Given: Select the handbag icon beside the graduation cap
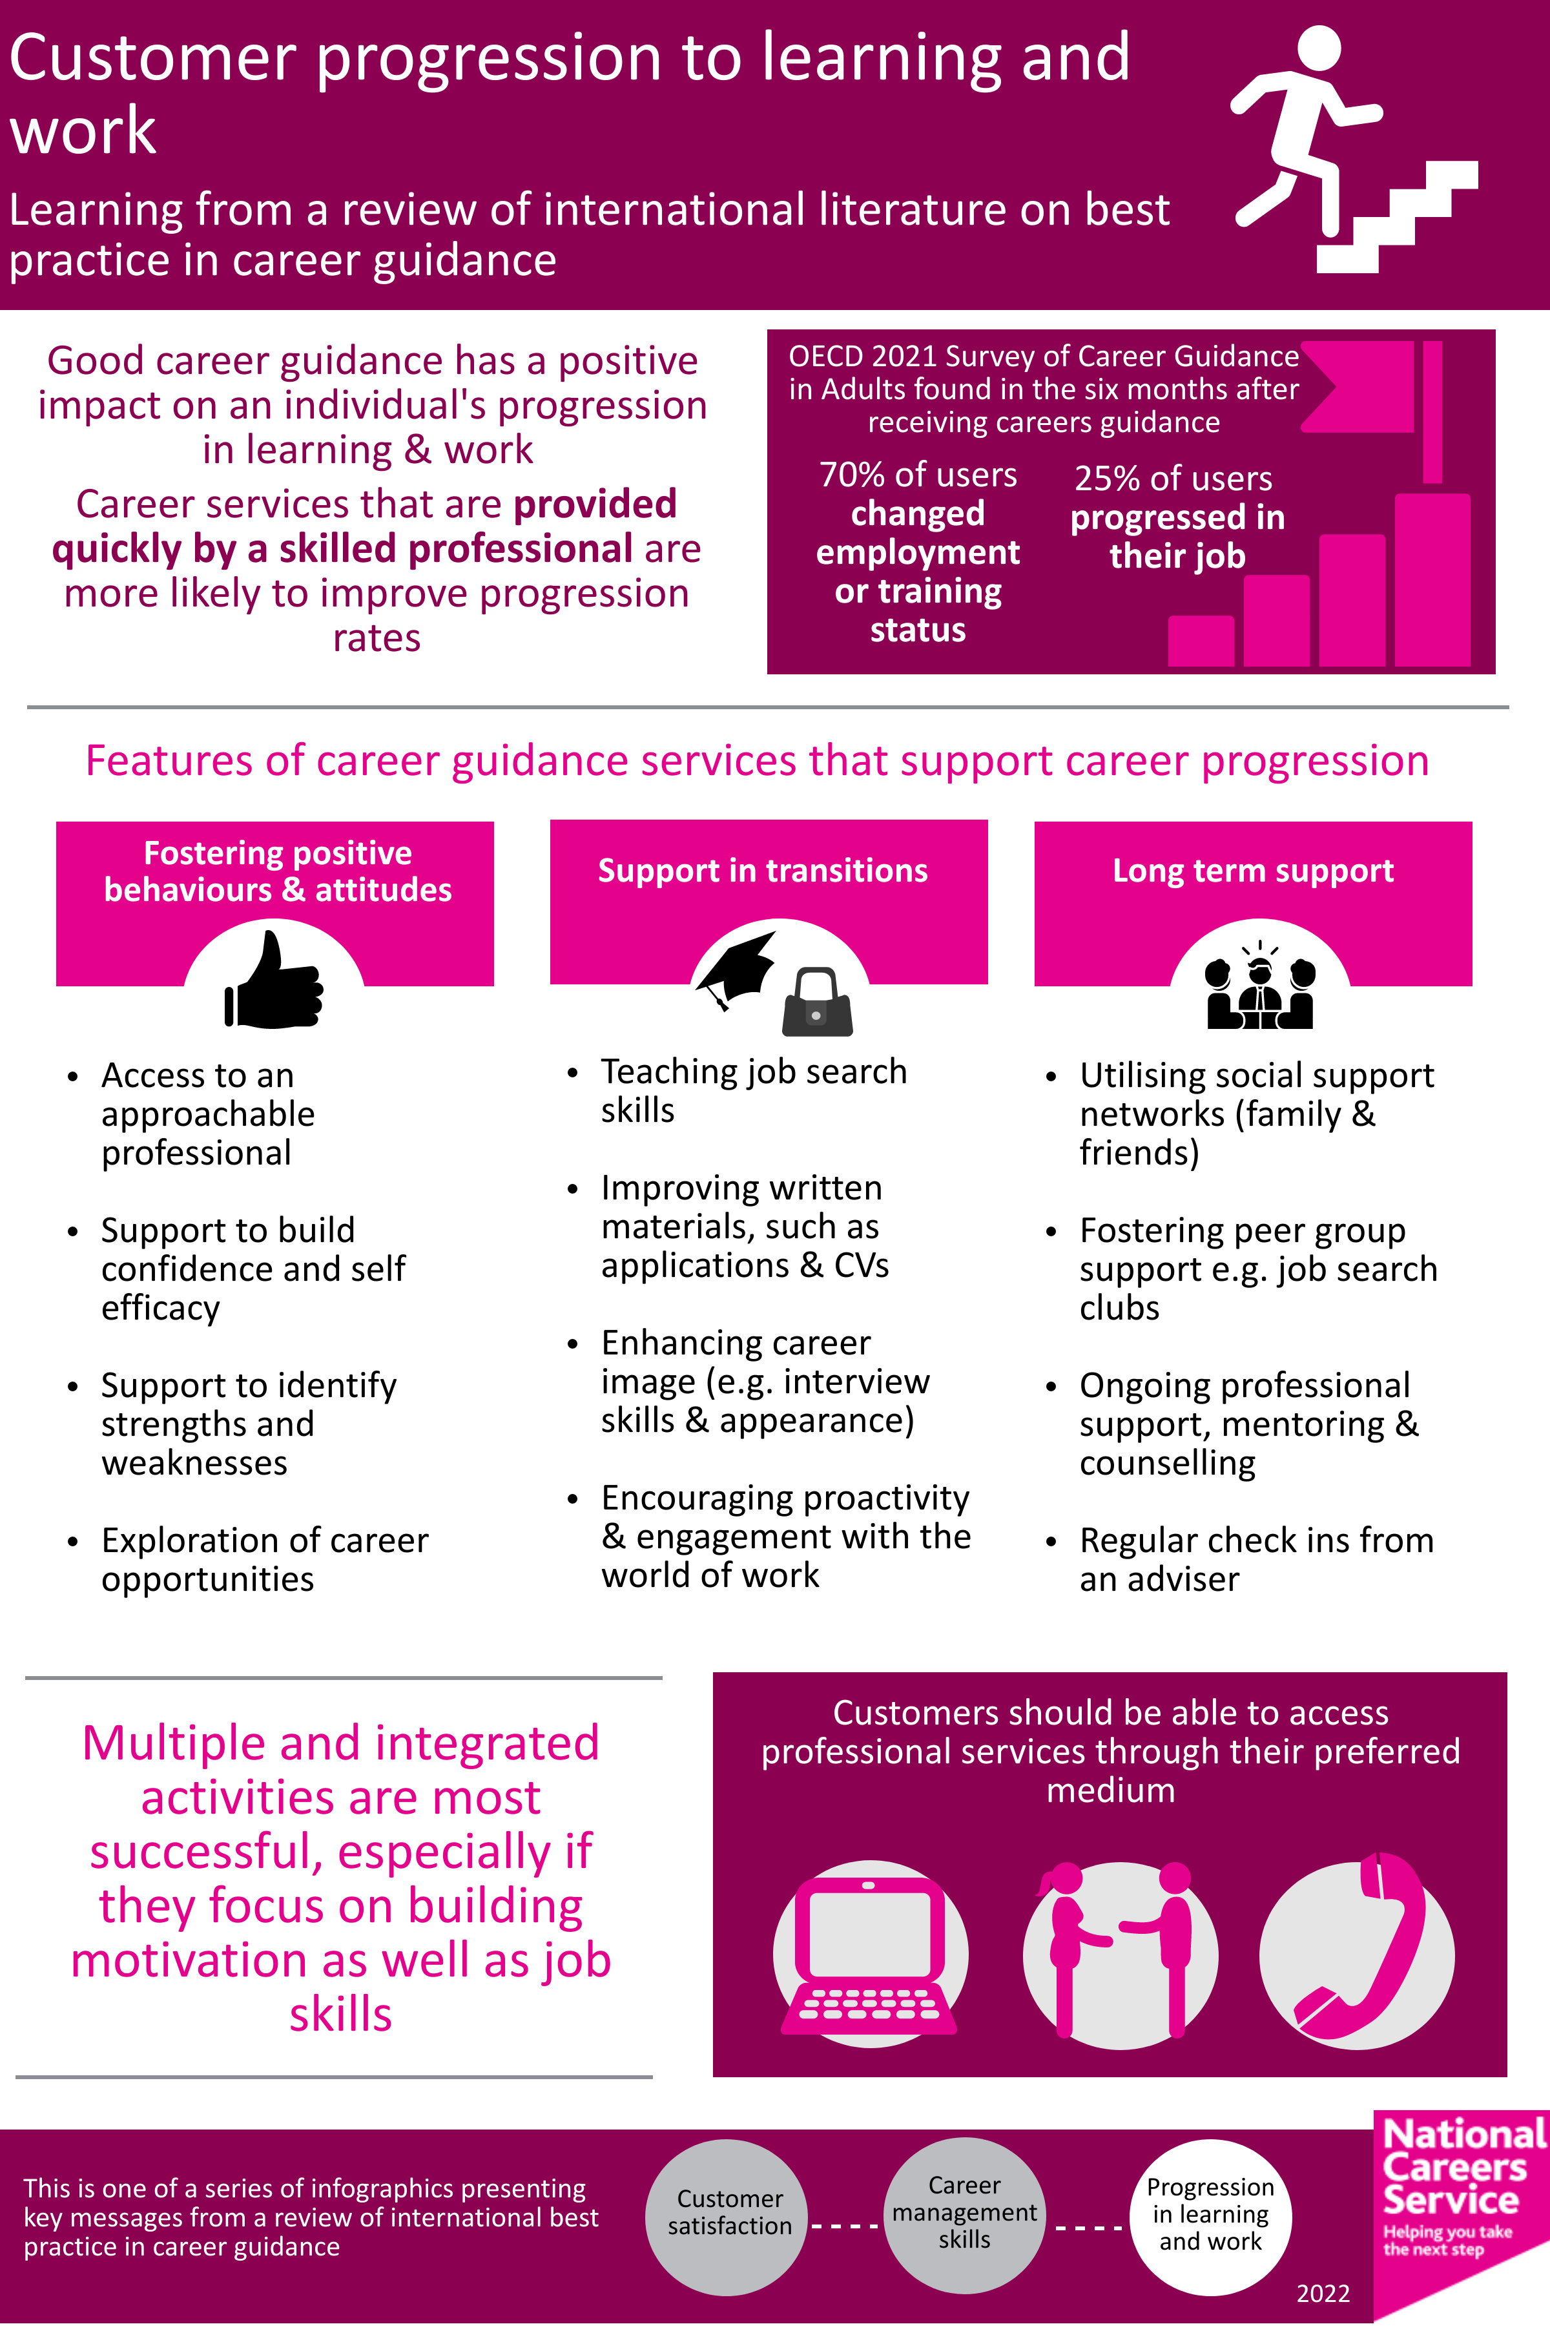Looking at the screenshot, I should [x=816, y=1002].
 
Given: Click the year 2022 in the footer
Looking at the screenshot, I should [x=1323, y=2294].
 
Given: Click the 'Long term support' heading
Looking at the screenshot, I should [x=1252, y=870].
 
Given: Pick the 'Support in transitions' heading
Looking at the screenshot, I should [x=762, y=870].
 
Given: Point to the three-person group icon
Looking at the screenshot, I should [x=1259, y=989].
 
